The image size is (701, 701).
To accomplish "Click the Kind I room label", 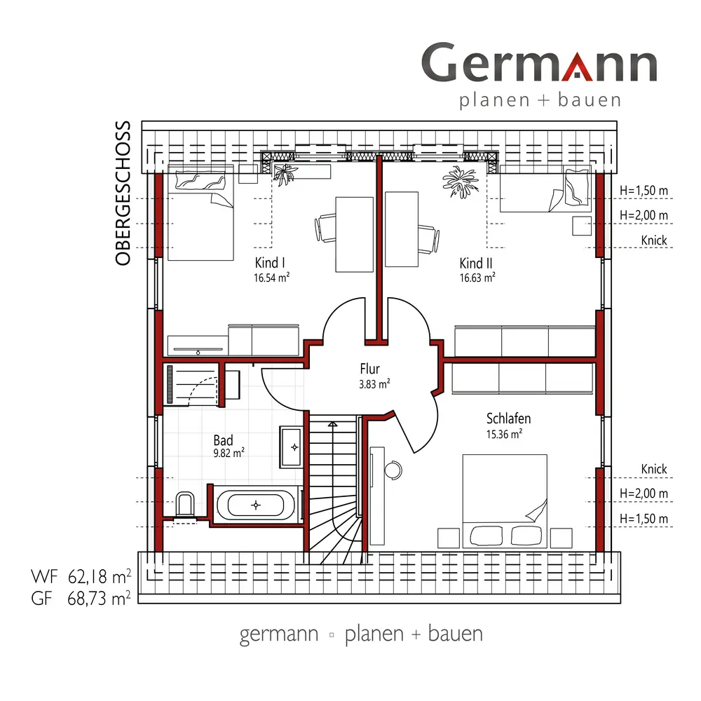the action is tap(270, 262).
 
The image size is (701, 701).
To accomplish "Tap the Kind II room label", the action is tap(476, 263).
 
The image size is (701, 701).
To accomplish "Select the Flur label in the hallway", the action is tap(369, 369).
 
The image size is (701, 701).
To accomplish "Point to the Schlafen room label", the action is tap(508, 418).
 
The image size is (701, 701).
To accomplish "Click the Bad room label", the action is tap(223, 440).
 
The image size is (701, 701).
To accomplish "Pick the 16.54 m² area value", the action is tap(271, 278).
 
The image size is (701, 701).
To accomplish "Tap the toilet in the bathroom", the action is tap(185, 505).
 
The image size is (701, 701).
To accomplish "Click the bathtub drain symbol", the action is tap(256, 505).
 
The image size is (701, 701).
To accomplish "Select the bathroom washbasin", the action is tap(291, 447).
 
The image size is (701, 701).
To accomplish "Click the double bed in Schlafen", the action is tap(505, 501).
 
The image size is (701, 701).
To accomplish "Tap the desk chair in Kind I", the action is tap(325, 228).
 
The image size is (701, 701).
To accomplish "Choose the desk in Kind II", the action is tap(402, 229).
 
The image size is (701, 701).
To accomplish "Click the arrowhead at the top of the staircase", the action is tap(332, 423).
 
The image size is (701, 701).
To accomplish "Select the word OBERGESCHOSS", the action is tap(123, 193).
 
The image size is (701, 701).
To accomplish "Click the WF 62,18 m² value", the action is tap(81, 577).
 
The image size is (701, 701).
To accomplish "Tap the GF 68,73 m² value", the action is tap(81, 598).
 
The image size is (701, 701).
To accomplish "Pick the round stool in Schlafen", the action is tap(393, 470).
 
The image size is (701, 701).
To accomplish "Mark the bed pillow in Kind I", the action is tap(200, 181).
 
